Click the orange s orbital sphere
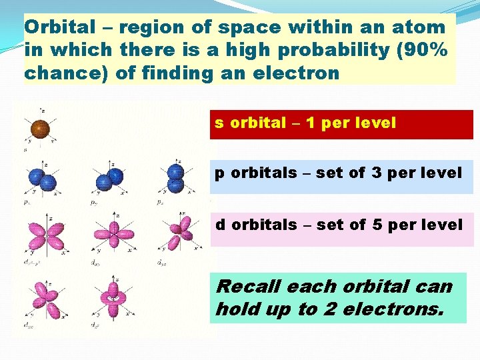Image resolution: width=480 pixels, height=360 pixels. point(39,129)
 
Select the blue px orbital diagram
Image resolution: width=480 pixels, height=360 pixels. point(41,179)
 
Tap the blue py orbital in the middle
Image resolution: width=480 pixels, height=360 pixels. point(109,178)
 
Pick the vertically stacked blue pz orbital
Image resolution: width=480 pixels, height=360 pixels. point(176,179)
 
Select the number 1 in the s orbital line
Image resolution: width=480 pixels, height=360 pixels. point(311,123)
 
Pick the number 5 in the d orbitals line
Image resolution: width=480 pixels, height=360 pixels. point(377,225)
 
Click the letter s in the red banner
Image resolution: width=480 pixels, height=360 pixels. point(219,123)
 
